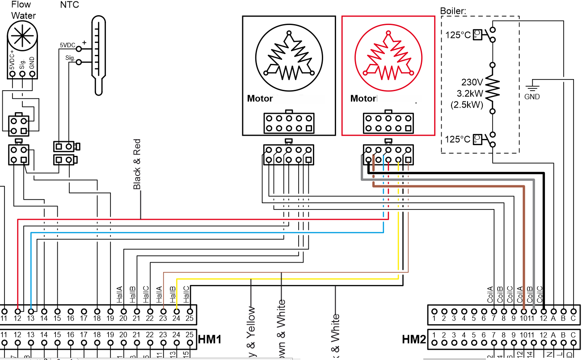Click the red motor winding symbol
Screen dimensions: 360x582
click(x=388, y=55)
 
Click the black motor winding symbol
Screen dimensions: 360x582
click(x=289, y=55)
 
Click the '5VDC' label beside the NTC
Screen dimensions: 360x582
click(x=67, y=45)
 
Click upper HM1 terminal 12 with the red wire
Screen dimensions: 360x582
click(x=17, y=310)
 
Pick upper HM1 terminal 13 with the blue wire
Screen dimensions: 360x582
click(x=31, y=310)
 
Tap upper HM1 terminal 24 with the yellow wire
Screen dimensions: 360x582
click(x=177, y=310)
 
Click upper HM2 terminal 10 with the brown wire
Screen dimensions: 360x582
click(x=523, y=311)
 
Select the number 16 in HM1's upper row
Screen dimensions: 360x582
click(x=70, y=319)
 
